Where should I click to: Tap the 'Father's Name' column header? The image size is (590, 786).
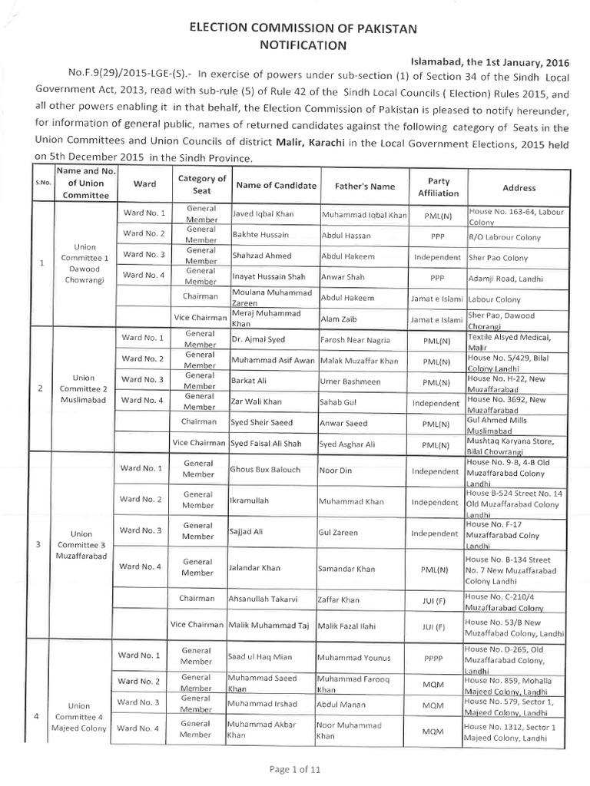coord(364,186)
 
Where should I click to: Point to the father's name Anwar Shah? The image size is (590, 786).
coord(339,276)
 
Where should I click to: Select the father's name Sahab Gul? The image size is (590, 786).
coord(334,401)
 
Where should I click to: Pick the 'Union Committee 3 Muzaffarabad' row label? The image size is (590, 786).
coord(81,544)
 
